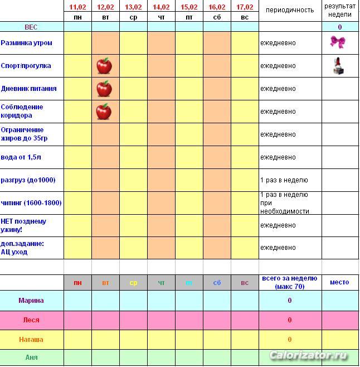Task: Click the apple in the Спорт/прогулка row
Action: point(104,66)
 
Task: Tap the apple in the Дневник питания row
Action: point(104,89)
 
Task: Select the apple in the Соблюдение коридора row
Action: point(104,112)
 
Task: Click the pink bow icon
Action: point(337,42)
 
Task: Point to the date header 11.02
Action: point(78,7)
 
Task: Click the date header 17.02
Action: point(245,7)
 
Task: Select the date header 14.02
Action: point(161,7)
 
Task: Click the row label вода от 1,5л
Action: point(21,157)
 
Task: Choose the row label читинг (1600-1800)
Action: point(31,203)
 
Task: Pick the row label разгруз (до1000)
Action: point(28,180)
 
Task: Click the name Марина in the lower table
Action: point(31,301)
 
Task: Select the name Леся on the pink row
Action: point(31,320)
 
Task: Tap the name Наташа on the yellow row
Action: point(31,339)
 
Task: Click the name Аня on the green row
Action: point(31,357)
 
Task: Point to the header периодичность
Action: point(290,10)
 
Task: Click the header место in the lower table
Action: point(339,282)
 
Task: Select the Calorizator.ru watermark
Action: point(308,355)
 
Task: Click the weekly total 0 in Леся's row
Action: point(290,320)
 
